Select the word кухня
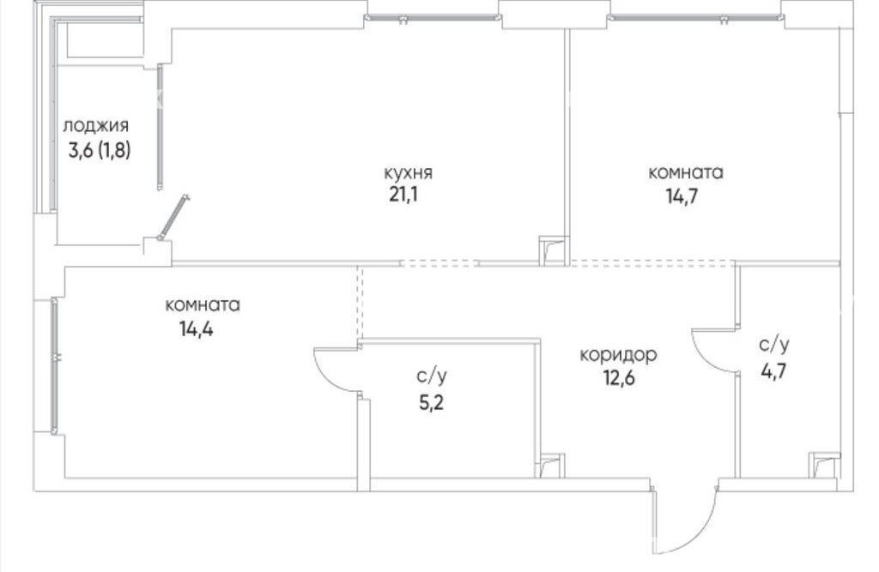point(408,172)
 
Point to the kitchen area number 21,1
point(403,196)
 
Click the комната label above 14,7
point(686,172)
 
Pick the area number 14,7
point(682,196)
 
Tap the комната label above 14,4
point(203,304)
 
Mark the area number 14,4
point(197,328)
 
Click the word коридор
point(618,355)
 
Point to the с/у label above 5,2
point(432,376)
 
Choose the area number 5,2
point(431,402)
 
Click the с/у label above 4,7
point(773,345)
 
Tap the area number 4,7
point(773,370)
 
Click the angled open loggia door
point(173,218)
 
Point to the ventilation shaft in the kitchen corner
point(554,250)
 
